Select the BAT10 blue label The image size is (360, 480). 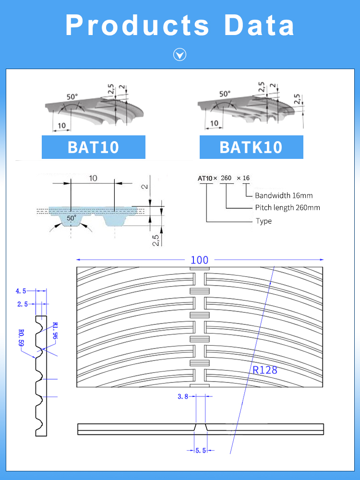pyautogui.click(x=93, y=147)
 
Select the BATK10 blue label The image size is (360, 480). pyautogui.click(x=251, y=147)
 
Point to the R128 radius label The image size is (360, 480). pyautogui.click(x=264, y=370)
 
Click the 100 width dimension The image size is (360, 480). pyautogui.click(x=199, y=260)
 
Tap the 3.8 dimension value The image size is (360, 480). pyautogui.click(x=183, y=396)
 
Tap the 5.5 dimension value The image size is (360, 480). pyautogui.click(x=201, y=450)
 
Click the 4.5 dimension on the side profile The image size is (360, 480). pyautogui.click(x=21, y=291)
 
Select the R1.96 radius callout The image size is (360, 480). pyautogui.click(x=55, y=331)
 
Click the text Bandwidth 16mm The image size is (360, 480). pyautogui.click(x=284, y=195)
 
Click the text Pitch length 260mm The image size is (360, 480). pyautogui.click(x=287, y=208)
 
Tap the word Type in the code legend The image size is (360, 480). pyautogui.click(x=264, y=221)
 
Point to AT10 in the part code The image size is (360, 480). pyautogui.click(x=205, y=178)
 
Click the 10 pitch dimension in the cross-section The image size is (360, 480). pyautogui.click(x=93, y=178)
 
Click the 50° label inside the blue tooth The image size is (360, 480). pyautogui.click(x=72, y=218)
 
